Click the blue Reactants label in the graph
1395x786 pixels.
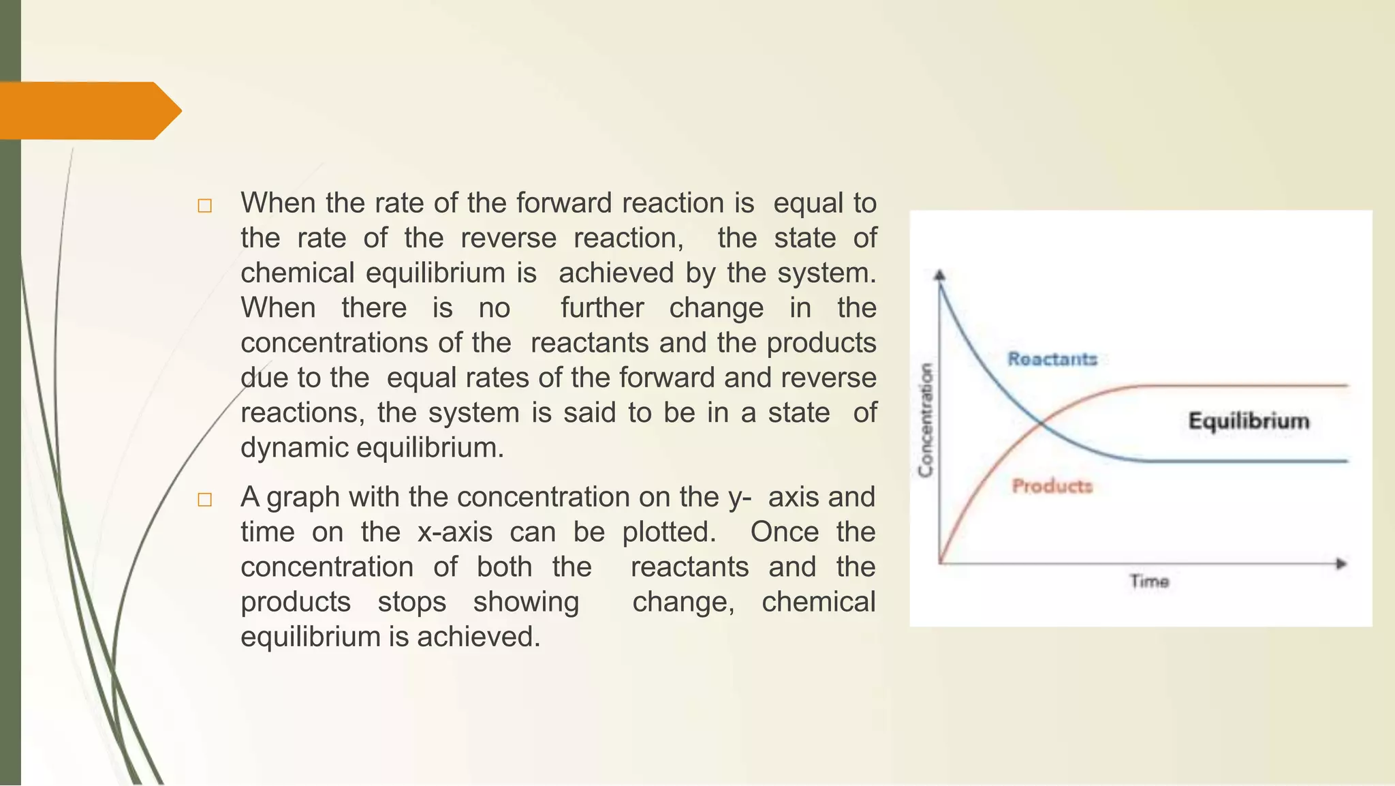coord(1052,359)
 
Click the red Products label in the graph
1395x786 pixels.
coord(1052,486)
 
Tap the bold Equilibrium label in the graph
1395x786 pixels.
coord(1249,421)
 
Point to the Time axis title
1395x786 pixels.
coord(1149,581)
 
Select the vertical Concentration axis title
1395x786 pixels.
coord(926,420)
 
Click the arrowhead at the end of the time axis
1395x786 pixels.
coord(1341,564)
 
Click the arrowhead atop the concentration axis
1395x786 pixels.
coord(940,275)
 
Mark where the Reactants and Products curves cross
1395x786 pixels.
coord(1041,425)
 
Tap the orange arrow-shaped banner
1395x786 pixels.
coord(89,110)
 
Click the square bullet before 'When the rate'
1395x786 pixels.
coord(204,206)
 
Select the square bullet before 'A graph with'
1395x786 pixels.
coord(204,500)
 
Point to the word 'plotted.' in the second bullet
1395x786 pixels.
coord(669,532)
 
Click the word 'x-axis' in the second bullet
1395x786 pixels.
coord(454,532)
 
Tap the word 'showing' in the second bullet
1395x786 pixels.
coord(526,602)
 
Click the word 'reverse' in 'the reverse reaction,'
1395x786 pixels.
coord(508,238)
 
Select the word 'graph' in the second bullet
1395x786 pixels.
coord(303,497)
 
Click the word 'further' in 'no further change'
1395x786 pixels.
coord(601,307)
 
